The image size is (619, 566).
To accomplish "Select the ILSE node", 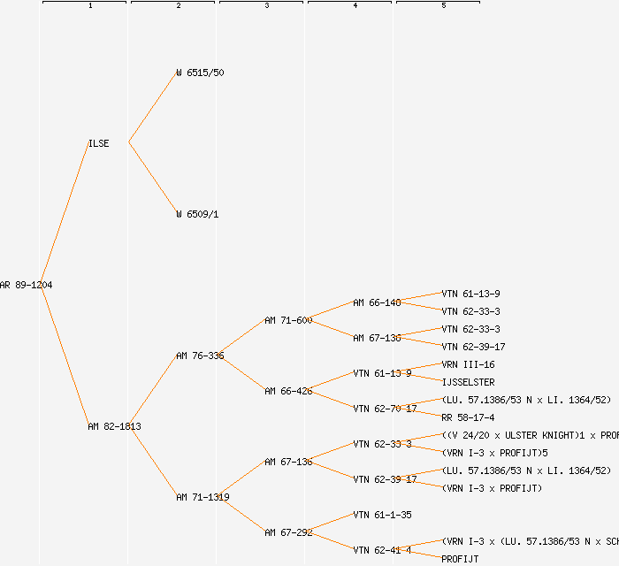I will click(99, 143).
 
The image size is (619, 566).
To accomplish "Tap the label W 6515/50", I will click(200, 73).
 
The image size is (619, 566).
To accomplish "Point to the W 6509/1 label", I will click(197, 214).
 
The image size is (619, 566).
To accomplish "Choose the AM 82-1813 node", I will click(114, 426).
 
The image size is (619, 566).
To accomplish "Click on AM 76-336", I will click(200, 356).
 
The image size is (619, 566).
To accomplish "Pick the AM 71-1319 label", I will click(203, 497).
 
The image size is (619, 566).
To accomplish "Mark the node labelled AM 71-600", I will click(288, 320).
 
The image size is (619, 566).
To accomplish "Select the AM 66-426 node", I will click(288, 391).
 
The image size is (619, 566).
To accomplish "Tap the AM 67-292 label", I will click(288, 532).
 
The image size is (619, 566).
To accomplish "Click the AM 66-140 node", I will click(377, 302).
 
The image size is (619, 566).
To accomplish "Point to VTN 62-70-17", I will click(385, 409).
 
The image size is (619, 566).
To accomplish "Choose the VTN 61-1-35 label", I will click(382, 515).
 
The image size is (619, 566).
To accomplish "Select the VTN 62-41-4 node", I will click(382, 550).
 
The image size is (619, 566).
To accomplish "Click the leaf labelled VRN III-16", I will click(468, 364).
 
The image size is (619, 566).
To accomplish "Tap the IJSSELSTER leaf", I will click(468, 382).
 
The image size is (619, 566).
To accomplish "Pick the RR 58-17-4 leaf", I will click(468, 417).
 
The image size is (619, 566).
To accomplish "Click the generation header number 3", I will click(266, 6).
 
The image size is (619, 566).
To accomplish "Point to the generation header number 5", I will click(444, 6).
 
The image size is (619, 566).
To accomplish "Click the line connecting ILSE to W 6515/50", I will click(153, 107).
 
